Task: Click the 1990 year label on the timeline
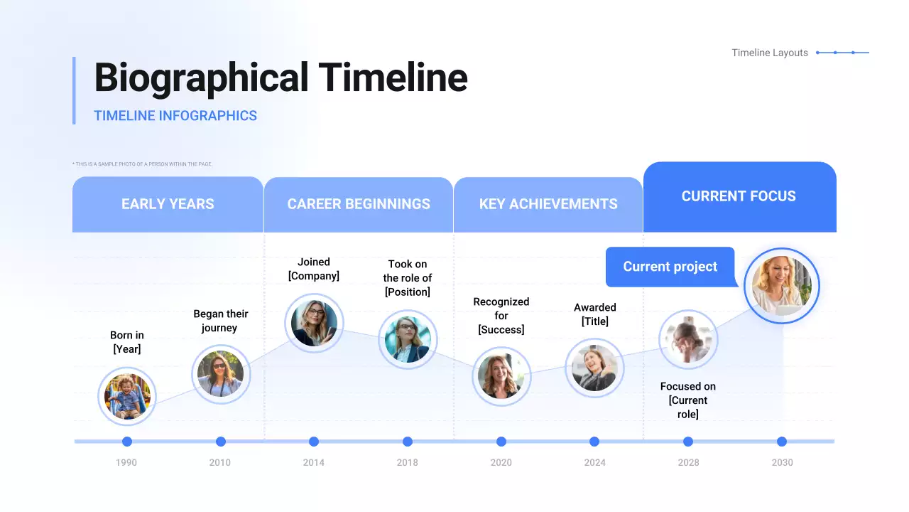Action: (126, 462)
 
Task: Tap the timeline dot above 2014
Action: (314, 442)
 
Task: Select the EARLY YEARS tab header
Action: (168, 204)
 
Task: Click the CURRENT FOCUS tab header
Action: (740, 197)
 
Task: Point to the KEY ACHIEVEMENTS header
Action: (548, 204)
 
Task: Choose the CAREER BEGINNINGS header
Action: (359, 204)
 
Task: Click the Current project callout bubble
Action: (670, 267)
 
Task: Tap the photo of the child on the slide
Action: (127, 396)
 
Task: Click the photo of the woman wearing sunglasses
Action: (221, 374)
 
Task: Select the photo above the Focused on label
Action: (688, 339)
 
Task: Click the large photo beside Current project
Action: (782, 286)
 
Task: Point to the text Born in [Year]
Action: (127, 342)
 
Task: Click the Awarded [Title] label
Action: (595, 314)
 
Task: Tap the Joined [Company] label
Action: (314, 269)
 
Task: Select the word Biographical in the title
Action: (201, 78)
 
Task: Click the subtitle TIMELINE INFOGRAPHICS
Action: (175, 116)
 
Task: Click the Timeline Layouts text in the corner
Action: (770, 53)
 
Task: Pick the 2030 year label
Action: (782, 462)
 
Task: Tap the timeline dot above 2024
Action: (594, 442)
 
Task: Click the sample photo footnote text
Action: (143, 164)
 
